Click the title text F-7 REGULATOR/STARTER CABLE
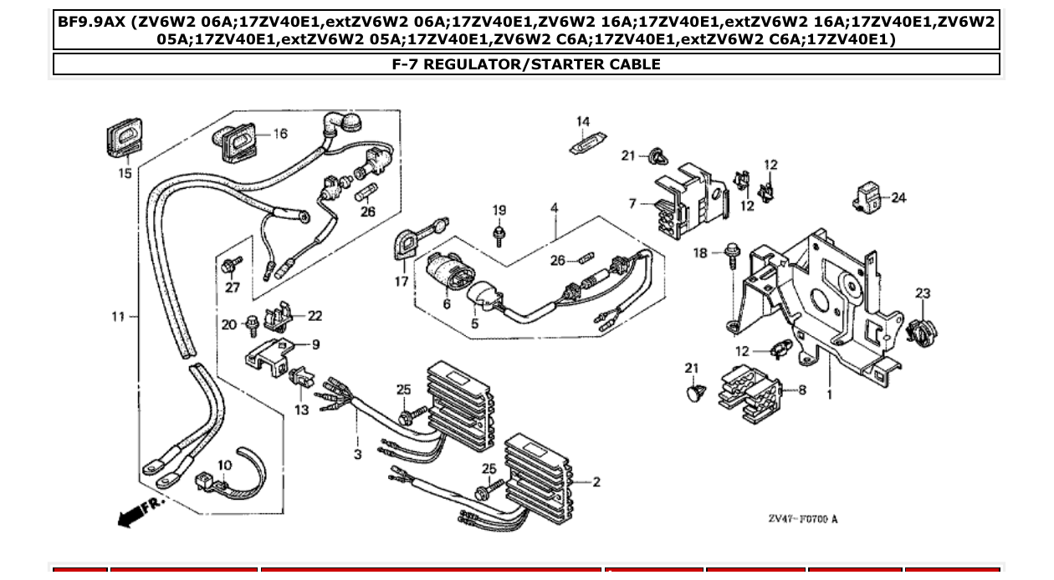click(526, 64)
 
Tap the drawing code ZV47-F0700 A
click(802, 519)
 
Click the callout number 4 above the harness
click(555, 208)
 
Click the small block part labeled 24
click(867, 199)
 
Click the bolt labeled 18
click(733, 252)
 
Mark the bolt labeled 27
click(230, 267)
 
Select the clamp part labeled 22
click(280, 317)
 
